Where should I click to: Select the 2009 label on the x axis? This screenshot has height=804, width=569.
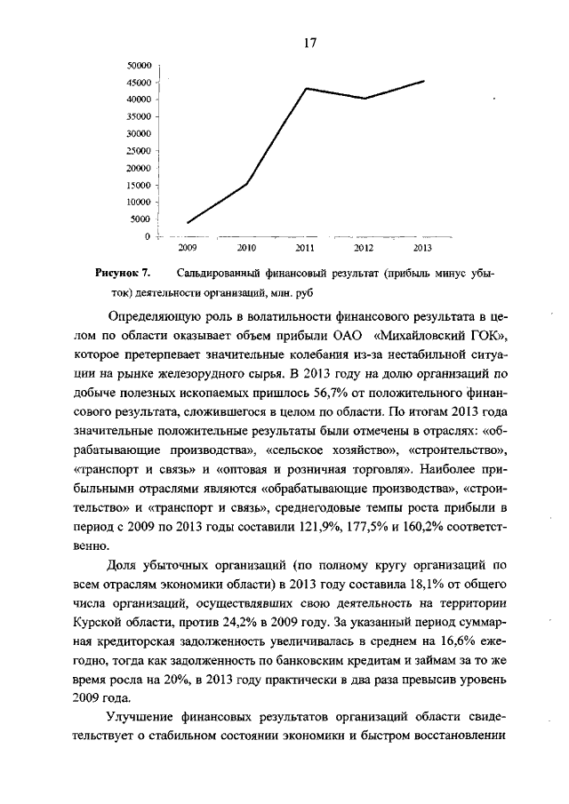click(188, 248)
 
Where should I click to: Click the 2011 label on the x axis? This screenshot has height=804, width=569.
click(305, 248)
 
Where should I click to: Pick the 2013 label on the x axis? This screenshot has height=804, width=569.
click(423, 248)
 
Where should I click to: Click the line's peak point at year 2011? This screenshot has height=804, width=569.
click(306, 88)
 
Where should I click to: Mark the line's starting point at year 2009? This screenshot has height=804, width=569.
click(188, 222)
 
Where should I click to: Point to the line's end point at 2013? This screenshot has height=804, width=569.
click(423, 81)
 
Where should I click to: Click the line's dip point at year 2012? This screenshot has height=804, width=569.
click(365, 98)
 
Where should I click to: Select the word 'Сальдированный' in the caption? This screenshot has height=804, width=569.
click(220, 274)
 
